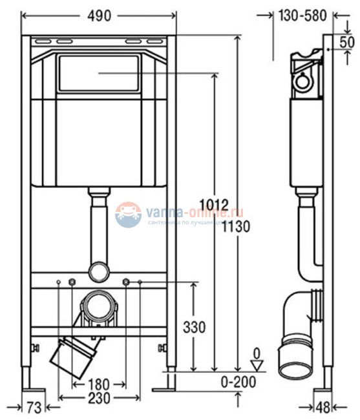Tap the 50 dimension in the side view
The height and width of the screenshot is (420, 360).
pyautogui.click(x=347, y=41)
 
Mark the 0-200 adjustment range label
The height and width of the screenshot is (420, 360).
pyautogui.click(x=238, y=382)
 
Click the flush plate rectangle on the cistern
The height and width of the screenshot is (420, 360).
pyautogui.click(x=99, y=74)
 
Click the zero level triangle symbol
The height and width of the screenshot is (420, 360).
pyautogui.click(x=257, y=364)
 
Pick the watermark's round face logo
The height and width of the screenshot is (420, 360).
pyautogui.click(x=128, y=215)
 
